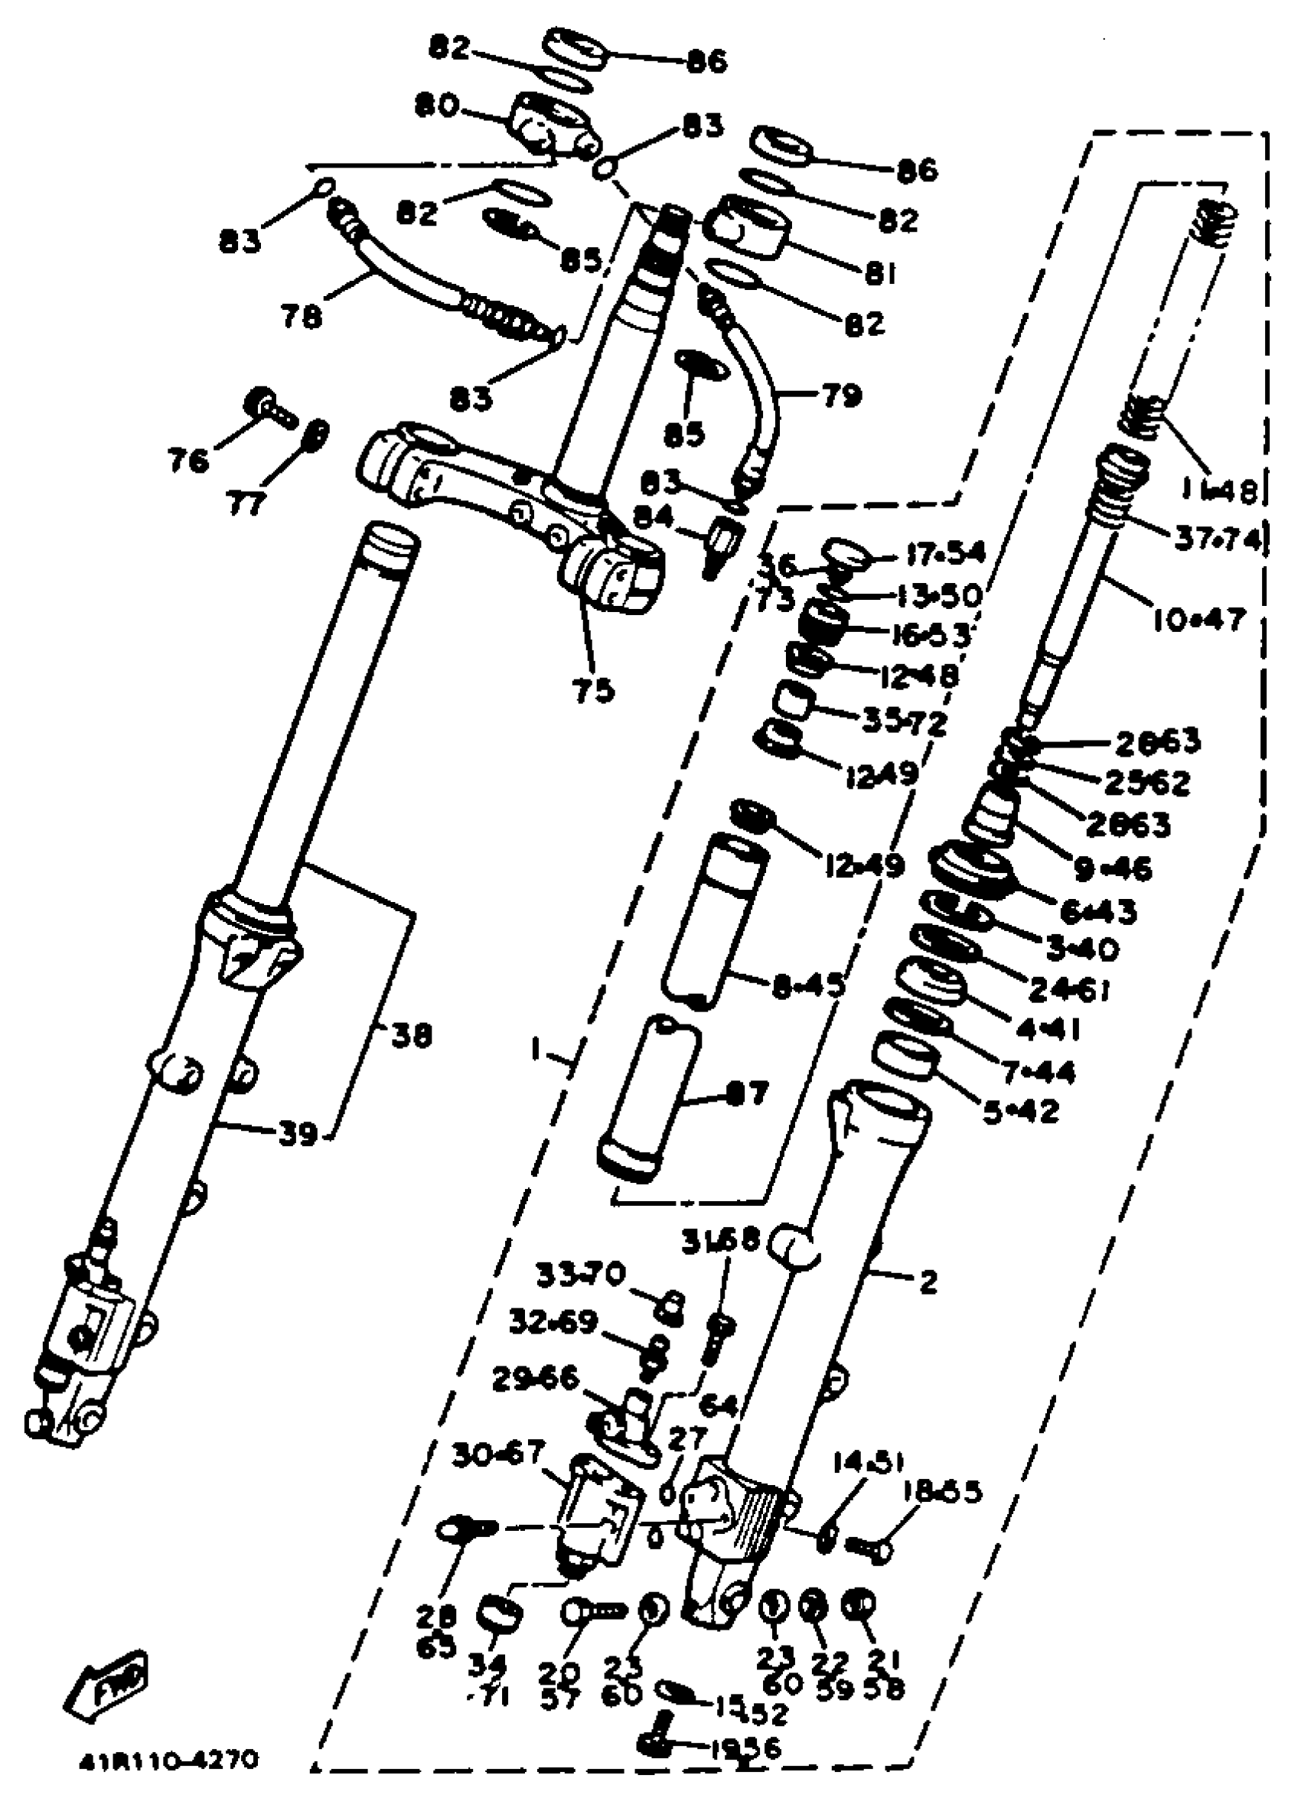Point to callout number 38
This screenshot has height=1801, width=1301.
[411, 1035]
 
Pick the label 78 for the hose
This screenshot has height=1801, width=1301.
[302, 316]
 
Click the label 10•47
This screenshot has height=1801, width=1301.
[1201, 619]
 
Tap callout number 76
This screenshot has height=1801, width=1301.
[188, 459]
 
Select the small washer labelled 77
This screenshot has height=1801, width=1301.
[317, 434]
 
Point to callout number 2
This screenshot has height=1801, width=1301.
[927, 1282]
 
